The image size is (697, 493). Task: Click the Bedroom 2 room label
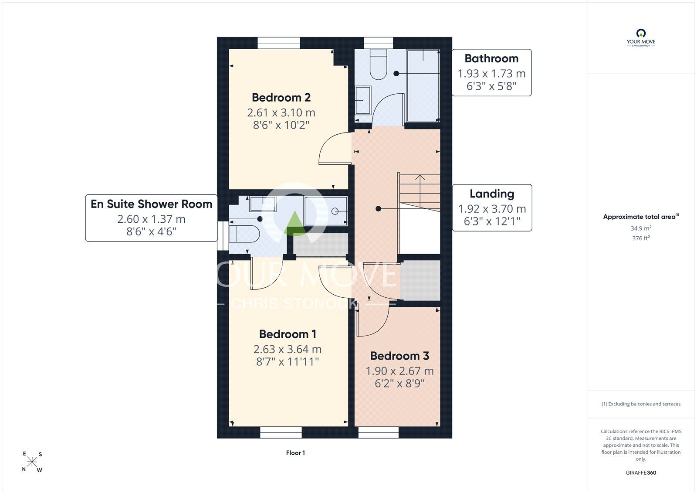click(281, 98)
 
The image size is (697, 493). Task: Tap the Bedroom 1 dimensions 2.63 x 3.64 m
click(288, 349)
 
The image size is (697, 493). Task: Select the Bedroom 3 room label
click(399, 356)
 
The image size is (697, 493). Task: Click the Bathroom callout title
click(491, 58)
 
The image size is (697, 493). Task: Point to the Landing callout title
click(492, 194)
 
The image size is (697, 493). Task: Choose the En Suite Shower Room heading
click(151, 204)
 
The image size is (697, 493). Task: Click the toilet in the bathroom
click(378, 65)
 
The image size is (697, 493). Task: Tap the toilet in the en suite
click(244, 234)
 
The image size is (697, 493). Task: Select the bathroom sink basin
click(363, 100)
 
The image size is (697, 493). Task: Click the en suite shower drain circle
click(335, 211)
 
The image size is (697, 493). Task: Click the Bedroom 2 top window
click(279, 43)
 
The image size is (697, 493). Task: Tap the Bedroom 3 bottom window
click(379, 432)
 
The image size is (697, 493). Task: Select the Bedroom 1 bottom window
click(281, 432)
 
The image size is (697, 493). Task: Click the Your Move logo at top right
click(641, 37)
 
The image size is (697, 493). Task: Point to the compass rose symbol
click(32, 462)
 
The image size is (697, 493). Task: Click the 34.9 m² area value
click(641, 228)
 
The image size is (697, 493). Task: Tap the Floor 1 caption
click(295, 453)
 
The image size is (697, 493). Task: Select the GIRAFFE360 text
click(641, 473)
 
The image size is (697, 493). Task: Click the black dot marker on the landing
click(378, 209)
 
